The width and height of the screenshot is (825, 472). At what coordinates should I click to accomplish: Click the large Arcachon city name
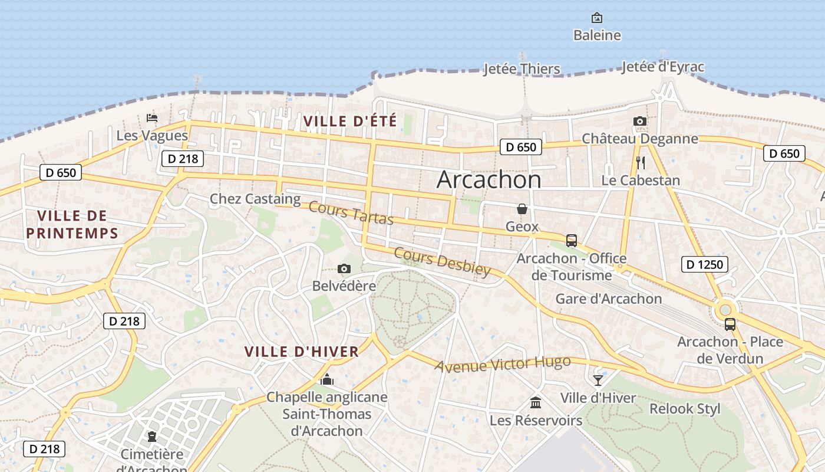(x=489, y=180)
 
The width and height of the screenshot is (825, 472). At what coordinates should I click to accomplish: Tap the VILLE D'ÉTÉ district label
(x=350, y=122)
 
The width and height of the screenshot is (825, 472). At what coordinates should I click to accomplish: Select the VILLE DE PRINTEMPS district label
(x=72, y=224)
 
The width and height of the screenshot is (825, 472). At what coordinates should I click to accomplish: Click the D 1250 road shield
(x=705, y=264)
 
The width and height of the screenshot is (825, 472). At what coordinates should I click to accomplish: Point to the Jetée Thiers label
(x=522, y=69)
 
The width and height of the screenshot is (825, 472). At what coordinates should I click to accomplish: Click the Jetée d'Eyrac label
(x=663, y=67)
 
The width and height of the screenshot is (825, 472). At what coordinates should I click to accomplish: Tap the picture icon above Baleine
(x=597, y=18)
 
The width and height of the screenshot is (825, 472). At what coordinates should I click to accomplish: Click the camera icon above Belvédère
(x=344, y=269)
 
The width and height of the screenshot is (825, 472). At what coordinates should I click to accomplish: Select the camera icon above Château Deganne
(x=640, y=122)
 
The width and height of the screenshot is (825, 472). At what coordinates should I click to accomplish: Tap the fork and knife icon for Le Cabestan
(x=641, y=163)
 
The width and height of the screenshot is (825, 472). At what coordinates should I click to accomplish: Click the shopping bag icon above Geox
(x=522, y=209)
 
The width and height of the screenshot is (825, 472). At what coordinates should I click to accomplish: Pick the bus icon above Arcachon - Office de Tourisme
(x=571, y=241)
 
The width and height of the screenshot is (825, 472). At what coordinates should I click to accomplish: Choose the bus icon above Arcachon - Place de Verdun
(x=730, y=324)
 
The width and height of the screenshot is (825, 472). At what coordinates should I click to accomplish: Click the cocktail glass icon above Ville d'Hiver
(x=598, y=381)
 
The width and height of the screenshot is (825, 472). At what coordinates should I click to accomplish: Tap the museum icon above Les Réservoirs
(x=536, y=403)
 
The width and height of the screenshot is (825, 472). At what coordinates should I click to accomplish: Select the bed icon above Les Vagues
(x=152, y=118)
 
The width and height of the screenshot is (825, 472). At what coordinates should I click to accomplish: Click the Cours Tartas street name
(x=351, y=213)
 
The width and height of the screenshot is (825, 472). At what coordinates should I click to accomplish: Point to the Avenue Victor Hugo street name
(x=503, y=363)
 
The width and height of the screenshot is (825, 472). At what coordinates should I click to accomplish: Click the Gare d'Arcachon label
(x=609, y=299)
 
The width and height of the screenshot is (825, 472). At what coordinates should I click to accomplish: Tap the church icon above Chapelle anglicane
(x=326, y=379)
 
